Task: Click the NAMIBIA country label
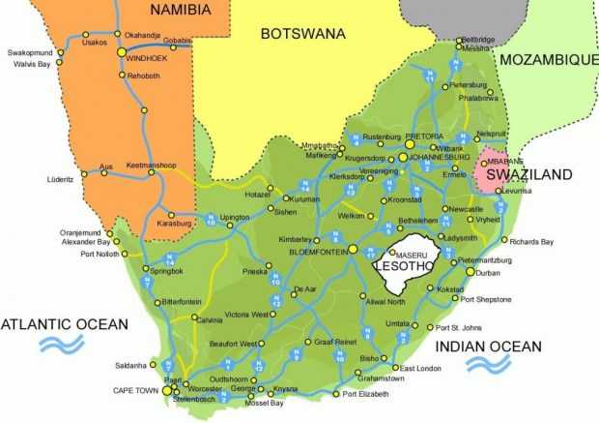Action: (x=175, y=11)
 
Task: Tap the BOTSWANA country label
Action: (x=302, y=34)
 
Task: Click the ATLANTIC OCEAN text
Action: (x=65, y=322)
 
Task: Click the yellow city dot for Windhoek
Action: (x=122, y=54)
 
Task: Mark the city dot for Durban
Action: (x=471, y=273)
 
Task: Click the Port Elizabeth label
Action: (x=365, y=395)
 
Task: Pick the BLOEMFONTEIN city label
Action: (x=317, y=251)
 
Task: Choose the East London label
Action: (x=420, y=369)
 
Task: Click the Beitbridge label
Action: (x=478, y=40)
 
